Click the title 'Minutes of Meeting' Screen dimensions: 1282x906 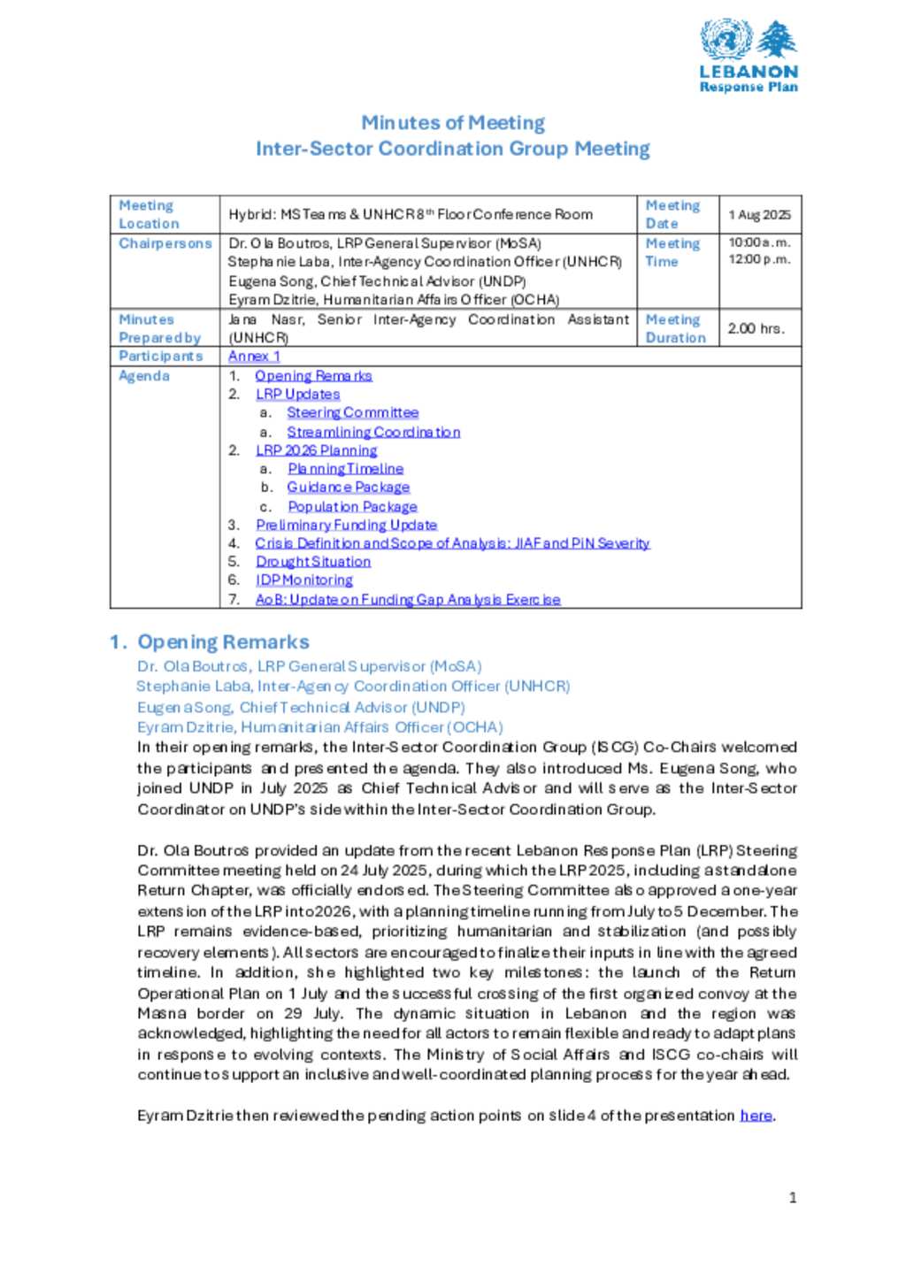pos(453,123)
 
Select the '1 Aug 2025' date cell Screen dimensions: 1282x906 pos(759,215)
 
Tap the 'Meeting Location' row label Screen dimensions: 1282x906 pos(150,215)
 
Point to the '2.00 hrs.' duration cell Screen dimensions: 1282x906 pos(756,328)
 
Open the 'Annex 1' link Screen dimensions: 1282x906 pos(254,357)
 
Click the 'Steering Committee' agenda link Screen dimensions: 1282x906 pos(352,413)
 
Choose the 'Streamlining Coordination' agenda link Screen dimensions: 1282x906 pos(373,433)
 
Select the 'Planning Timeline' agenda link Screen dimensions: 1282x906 pos(345,469)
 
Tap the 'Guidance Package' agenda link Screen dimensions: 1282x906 pos(348,487)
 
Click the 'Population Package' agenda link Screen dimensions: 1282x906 pos(352,507)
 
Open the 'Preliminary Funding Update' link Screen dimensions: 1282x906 pos(346,526)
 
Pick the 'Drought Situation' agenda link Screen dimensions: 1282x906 pos(313,562)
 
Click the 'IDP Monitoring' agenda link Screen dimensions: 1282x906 pos(304,580)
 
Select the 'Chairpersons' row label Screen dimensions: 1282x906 pos(165,243)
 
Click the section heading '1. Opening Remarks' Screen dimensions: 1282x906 pos(210,642)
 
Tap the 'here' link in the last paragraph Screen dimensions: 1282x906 pos(756,1116)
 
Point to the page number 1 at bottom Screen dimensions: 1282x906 pos(793,1198)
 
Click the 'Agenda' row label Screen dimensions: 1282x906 pos(144,376)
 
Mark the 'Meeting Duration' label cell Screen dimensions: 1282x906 pos(676,328)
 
